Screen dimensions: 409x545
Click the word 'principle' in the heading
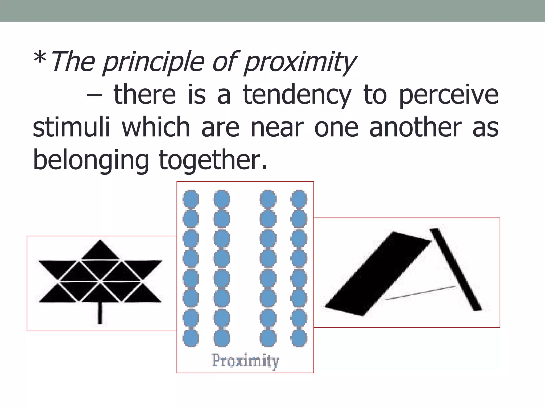tap(154, 63)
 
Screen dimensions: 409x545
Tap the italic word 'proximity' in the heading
tap(300, 63)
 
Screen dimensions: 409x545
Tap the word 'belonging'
tap(91, 160)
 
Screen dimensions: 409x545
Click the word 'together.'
tap(213, 160)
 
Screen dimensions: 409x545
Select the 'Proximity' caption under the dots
tap(245, 361)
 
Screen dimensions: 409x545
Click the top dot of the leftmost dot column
tap(191, 198)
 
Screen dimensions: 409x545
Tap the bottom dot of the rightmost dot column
tap(299, 338)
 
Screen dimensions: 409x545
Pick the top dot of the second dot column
tap(222, 198)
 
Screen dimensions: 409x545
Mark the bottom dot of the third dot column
tap(268, 338)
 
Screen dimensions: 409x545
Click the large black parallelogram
tap(378, 274)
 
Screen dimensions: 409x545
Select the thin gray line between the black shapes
tap(420, 293)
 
